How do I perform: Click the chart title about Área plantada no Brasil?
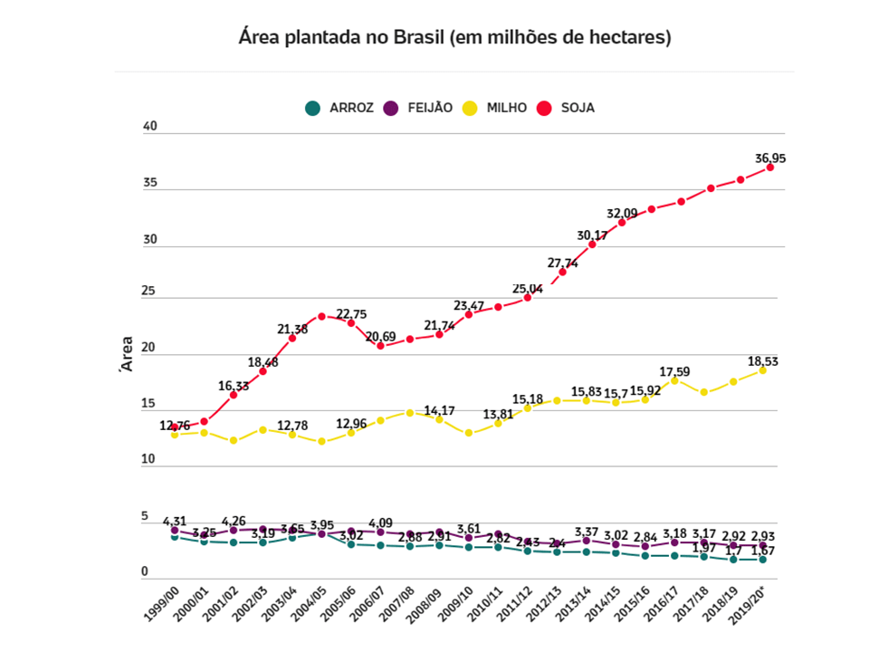454,38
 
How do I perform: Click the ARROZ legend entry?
339,108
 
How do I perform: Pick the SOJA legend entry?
567,108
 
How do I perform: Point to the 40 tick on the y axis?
150,127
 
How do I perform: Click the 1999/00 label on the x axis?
163,604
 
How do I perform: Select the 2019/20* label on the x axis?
753,605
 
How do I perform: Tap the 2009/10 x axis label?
458,604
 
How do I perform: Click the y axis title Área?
127,355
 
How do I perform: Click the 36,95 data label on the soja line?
770,158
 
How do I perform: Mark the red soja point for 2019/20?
770,168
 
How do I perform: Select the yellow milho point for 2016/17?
674,380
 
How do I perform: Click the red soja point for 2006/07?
380,345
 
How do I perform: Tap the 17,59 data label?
674,370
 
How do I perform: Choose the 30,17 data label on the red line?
593,235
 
